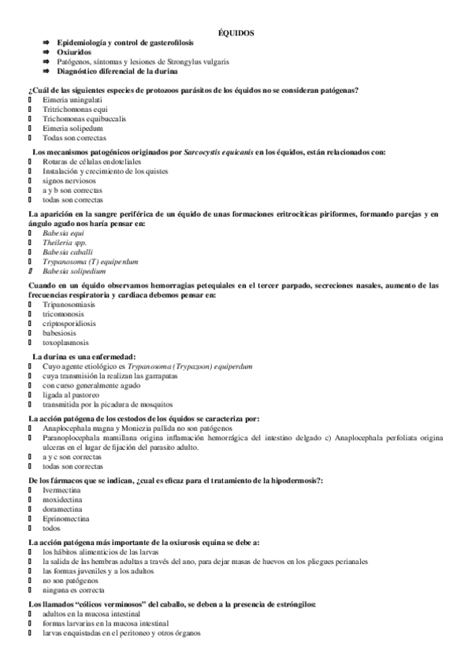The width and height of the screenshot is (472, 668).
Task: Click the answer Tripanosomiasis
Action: (x=69, y=304)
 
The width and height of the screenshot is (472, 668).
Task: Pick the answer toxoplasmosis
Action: (x=66, y=342)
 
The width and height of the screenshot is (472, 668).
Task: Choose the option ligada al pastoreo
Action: (x=72, y=395)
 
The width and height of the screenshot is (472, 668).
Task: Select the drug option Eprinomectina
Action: (x=65, y=518)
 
